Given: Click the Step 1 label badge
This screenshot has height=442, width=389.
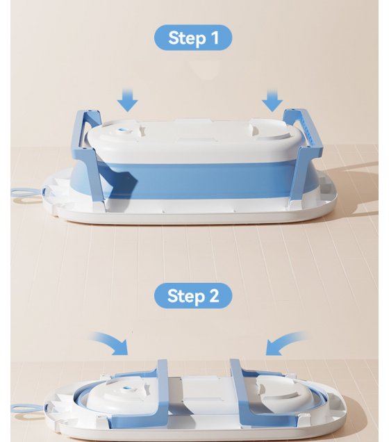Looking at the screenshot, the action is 193,38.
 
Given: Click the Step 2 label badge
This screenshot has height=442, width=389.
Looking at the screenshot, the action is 193,295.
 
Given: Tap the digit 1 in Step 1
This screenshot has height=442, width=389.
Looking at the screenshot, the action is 215,38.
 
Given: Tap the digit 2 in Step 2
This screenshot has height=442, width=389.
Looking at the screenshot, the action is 214,296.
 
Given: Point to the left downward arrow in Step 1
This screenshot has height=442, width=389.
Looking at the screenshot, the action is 128,100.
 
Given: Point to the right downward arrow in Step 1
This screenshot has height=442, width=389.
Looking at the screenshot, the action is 272,100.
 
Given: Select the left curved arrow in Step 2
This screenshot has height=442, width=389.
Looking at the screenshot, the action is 111,343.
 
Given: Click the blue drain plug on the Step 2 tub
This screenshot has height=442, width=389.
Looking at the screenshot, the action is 127,389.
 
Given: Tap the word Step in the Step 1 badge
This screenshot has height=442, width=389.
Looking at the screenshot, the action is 186,38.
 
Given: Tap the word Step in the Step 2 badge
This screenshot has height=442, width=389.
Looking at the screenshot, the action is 186,296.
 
